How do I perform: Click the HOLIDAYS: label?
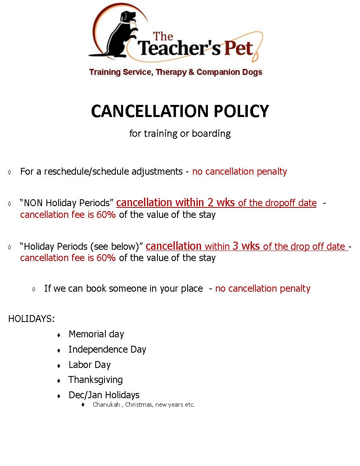[31, 319]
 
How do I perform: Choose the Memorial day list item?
[96, 334]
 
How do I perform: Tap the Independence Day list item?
[107, 349]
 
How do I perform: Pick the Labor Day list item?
[89, 365]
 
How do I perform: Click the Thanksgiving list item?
[95, 380]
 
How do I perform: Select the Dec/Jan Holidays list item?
[104, 395]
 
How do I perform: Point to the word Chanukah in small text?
[106, 405]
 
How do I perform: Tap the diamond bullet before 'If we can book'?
[34, 289]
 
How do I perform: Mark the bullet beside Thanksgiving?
[59, 380]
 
